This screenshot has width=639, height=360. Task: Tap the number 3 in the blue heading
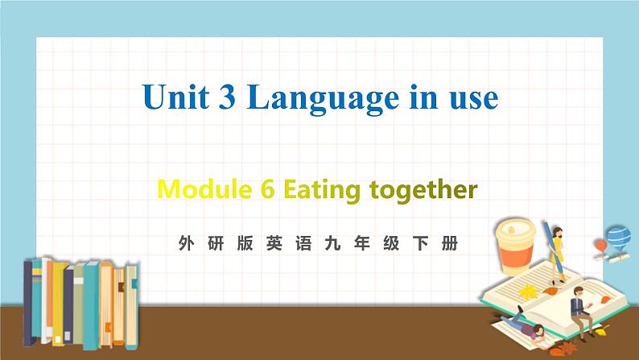click(229, 97)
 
